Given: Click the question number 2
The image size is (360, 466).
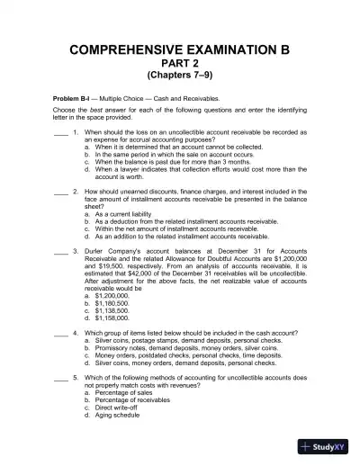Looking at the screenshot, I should [x=76, y=193].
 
